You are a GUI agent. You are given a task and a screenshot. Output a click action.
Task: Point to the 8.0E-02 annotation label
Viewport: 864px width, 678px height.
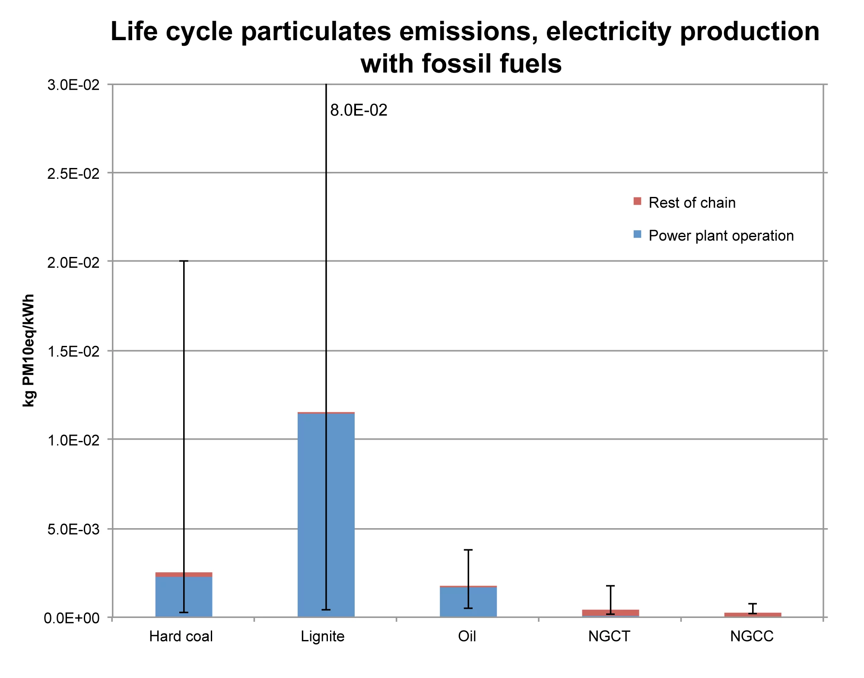click(359, 111)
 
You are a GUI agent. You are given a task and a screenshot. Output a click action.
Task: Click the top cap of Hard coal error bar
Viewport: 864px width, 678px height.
click(184, 261)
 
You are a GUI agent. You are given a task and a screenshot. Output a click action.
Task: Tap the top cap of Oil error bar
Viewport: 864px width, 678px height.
click(468, 550)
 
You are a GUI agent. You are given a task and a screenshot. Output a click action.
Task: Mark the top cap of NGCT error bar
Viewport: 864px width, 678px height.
click(610, 586)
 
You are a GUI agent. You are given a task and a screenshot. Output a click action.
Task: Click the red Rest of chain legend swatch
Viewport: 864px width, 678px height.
click(637, 201)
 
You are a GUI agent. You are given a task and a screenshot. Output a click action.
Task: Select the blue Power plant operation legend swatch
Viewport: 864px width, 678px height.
click(637, 234)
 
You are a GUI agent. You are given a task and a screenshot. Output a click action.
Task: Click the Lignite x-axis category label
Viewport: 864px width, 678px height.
click(323, 637)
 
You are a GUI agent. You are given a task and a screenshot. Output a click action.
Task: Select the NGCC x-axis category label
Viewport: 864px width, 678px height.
click(752, 637)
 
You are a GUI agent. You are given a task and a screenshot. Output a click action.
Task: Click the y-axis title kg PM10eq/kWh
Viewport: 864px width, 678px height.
click(29, 350)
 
